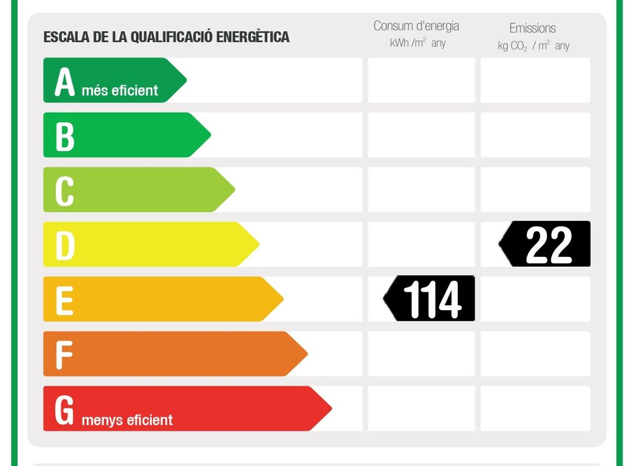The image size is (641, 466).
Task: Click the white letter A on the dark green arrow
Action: [x=65, y=82]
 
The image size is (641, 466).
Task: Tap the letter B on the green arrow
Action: [x=65, y=137]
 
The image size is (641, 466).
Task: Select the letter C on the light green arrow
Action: [x=65, y=191]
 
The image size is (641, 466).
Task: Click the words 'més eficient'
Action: [x=120, y=91]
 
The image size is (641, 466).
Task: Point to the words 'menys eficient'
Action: [x=127, y=420]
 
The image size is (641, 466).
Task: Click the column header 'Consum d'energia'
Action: [x=416, y=26]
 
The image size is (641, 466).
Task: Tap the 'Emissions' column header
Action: [x=532, y=28]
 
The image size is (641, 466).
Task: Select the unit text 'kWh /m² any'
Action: [x=418, y=43]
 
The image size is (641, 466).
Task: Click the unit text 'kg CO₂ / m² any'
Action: [x=533, y=46]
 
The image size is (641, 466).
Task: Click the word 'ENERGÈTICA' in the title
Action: [x=253, y=37]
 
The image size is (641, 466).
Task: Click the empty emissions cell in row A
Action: [x=535, y=80]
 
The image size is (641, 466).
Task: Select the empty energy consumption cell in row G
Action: [x=421, y=408]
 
